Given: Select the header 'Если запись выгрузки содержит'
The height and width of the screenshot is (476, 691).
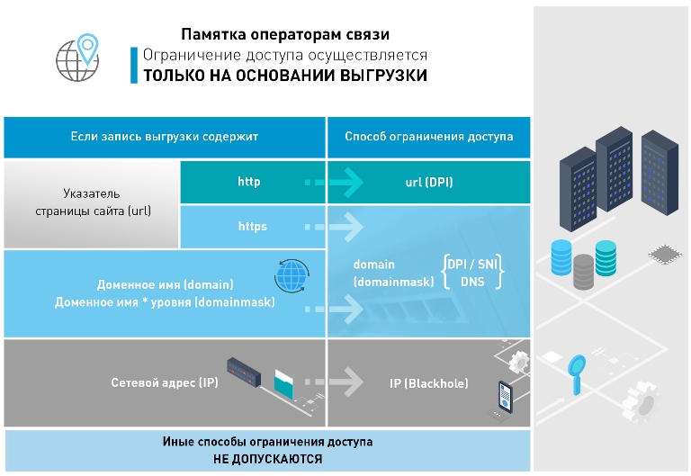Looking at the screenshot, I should coord(165,137).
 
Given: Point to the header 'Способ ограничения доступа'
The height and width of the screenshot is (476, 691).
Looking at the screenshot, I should coord(429,137).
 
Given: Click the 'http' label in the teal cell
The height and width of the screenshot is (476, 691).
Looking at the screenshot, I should coord(249,183).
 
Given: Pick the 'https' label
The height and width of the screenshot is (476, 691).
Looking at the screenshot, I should coord(252,227).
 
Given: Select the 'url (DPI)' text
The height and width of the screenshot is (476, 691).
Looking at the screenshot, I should coord(429,183).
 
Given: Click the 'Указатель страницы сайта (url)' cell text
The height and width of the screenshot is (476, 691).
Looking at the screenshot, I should coord(92,202).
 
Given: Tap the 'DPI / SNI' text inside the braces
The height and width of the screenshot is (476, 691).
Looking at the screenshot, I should coord(472,265).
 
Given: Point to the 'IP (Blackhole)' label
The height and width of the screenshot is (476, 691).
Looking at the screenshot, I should coord(429,384).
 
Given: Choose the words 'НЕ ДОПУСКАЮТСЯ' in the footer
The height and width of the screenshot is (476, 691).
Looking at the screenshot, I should coord(267,458).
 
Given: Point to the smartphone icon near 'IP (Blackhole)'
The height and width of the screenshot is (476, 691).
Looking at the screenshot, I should coord(506,396).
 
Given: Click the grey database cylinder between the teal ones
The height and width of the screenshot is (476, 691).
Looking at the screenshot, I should coord(583,269).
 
